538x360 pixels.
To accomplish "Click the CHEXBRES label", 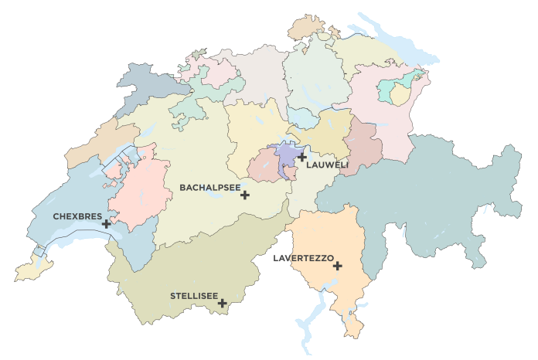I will pos(77,216).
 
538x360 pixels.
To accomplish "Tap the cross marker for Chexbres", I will pos(106,224).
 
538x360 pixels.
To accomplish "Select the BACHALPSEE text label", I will pos(209,187).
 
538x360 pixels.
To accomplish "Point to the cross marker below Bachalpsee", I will pos(245,195).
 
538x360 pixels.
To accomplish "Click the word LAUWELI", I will pos(328,165).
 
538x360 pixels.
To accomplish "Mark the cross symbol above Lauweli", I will pos(302,157).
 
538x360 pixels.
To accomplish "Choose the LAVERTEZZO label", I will pos(303,257).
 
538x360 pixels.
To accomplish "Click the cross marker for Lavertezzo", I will pos(338,266).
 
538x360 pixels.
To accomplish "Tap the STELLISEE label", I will pos(193,295).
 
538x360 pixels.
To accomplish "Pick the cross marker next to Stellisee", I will pos(222,303).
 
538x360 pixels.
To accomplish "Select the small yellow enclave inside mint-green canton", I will pos(400,95).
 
